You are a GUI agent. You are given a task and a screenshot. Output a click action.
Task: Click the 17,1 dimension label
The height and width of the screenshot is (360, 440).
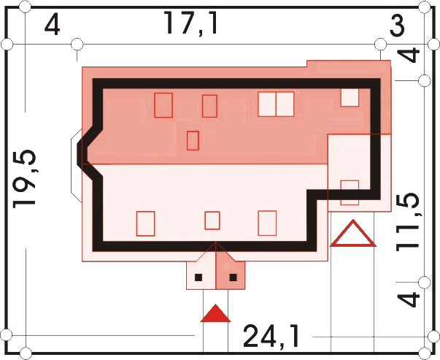pyautogui.click(x=191, y=23)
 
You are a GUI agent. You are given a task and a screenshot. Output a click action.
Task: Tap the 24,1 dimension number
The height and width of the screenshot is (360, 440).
pyautogui.click(x=271, y=336)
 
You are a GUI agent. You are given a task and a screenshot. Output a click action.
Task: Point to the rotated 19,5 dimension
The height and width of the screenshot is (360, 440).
pyautogui.click(x=25, y=179)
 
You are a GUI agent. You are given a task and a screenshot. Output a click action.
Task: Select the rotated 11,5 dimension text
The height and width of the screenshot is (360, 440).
pyautogui.click(x=409, y=222)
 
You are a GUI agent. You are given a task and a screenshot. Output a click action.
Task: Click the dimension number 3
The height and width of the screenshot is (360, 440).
pyautogui.click(x=398, y=26)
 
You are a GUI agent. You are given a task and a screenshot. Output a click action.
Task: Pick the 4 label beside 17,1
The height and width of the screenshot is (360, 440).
pyautogui.click(x=53, y=26)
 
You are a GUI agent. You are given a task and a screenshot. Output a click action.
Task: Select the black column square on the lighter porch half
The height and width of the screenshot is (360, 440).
pyautogui.click(x=198, y=277)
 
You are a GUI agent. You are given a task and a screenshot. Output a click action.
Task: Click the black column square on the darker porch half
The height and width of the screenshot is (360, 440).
pyautogui.click(x=233, y=277)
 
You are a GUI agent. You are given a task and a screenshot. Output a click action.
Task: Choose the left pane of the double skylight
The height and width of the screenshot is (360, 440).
pyautogui.click(x=267, y=104)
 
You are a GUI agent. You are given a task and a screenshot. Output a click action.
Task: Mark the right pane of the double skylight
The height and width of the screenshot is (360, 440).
pyautogui.click(x=285, y=104)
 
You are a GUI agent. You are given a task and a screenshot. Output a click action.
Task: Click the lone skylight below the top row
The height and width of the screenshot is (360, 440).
pyautogui.click(x=193, y=140)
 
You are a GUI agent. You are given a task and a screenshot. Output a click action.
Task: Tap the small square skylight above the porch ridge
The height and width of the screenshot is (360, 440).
pyautogui.click(x=212, y=221)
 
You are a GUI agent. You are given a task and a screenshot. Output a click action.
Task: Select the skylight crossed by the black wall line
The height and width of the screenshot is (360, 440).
pyautogui.click(x=350, y=193)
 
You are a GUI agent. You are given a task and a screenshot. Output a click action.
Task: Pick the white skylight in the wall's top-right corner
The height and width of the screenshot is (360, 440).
pyautogui.click(x=350, y=97)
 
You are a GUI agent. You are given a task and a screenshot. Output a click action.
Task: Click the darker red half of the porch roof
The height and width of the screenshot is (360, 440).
pyautogui.click(x=230, y=269)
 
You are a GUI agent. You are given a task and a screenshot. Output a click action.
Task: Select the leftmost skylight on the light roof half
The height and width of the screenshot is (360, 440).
pyautogui.click(x=146, y=223)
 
